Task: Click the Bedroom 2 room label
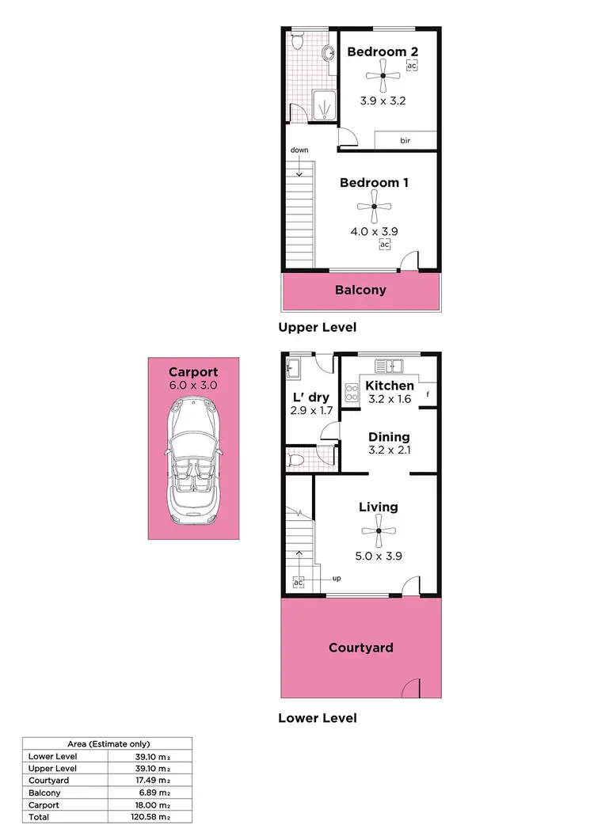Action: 383,51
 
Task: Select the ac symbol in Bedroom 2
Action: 411,66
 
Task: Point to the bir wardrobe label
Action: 405,140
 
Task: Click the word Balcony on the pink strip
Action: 360,290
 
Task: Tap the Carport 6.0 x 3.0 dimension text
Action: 192,385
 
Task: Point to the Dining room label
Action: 389,437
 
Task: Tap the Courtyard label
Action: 361,648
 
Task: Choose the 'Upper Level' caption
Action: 317,327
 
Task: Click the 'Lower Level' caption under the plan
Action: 317,718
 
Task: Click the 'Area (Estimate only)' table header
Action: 108,744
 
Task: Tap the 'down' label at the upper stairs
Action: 299,150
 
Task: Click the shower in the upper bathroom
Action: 324,105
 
